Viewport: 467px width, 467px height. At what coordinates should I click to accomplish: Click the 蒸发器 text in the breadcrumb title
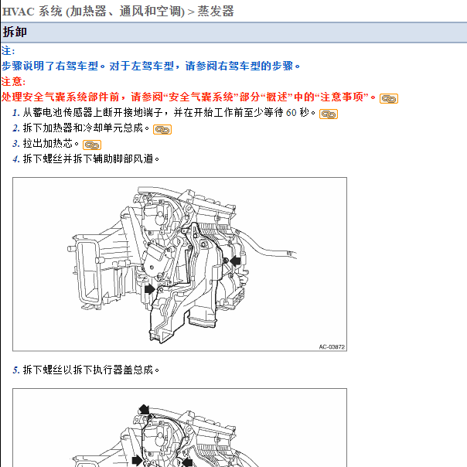coord(216,11)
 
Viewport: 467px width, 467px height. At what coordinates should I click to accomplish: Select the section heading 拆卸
coord(16,32)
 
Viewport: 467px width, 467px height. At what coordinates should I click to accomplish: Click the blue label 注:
coord(9,51)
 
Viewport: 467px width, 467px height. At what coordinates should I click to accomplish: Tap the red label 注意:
coord(13,81)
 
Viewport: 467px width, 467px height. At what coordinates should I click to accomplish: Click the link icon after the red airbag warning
coord(389,98)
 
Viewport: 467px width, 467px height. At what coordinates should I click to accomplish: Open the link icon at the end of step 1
coord(329,114)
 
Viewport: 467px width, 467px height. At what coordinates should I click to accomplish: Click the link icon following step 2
coord(162,129)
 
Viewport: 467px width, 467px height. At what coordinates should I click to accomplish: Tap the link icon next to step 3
coord(92,145)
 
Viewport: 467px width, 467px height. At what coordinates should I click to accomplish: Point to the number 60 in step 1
coord(291,113)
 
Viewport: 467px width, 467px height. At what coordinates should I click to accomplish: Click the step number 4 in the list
coord(15,159)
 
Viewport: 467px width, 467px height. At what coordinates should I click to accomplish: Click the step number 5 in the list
coord(15,370)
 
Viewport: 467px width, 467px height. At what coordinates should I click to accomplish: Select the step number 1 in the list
coord(15,113)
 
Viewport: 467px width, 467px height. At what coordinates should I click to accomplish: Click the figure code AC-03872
coord(332,347)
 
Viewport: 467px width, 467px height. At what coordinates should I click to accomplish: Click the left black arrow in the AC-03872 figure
coord(148,288)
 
